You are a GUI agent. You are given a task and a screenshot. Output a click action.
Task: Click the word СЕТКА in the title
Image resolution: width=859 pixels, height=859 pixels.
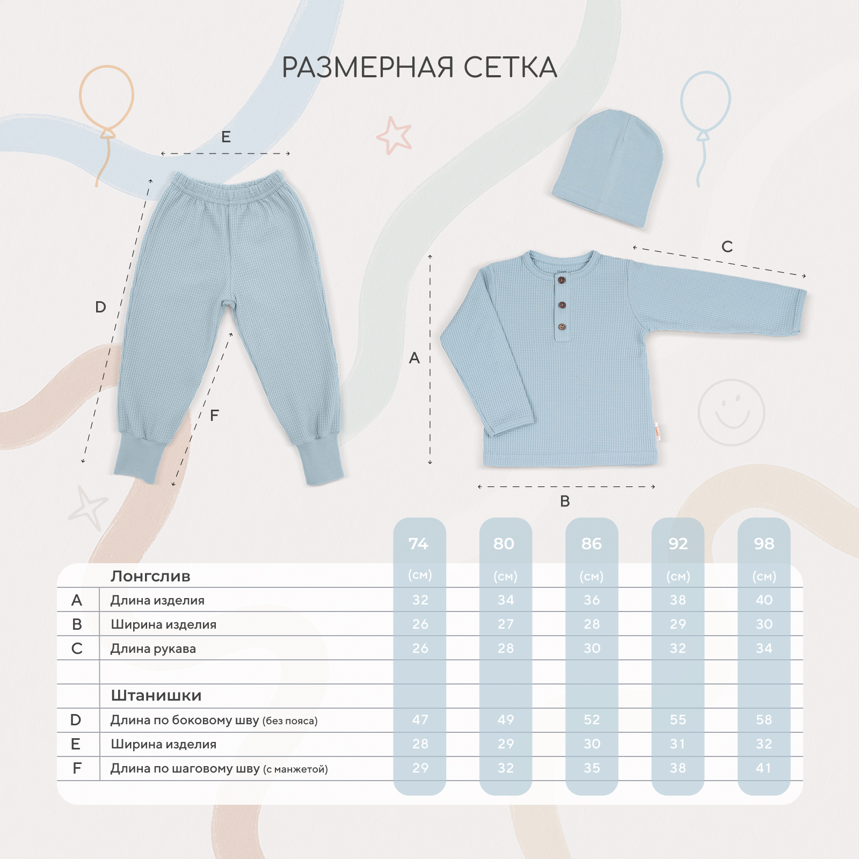(510, 67)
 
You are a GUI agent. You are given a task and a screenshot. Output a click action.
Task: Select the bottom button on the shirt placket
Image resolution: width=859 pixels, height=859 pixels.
(562, 326)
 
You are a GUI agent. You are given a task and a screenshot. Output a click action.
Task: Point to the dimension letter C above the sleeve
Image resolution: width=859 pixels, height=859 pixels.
(727, 246)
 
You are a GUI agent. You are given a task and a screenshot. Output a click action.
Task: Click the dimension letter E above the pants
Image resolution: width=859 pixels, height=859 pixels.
(226, 137)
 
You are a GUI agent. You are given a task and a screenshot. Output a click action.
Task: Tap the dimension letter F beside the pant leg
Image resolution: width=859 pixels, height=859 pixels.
(214, 415)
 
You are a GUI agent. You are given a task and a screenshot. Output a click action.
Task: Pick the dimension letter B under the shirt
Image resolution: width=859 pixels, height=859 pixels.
(565, 501)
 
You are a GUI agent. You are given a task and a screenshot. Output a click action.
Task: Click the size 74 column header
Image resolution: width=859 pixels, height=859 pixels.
(419, 544)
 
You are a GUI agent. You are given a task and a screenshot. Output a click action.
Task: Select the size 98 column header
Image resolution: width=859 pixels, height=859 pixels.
(764, 544)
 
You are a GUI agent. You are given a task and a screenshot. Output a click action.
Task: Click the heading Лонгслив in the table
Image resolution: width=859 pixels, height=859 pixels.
(150, 576)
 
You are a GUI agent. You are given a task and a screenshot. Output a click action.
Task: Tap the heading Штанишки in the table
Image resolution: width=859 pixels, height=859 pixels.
(156, 695)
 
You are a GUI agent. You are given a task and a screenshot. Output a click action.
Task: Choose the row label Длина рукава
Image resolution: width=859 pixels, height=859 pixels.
(153, 649)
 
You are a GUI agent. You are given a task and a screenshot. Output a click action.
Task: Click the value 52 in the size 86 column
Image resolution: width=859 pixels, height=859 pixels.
(592, 719)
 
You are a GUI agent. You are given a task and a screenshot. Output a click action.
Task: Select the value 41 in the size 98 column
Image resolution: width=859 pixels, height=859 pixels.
(764, 768)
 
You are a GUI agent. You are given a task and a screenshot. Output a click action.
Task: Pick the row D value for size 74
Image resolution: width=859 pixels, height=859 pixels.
(420, 719)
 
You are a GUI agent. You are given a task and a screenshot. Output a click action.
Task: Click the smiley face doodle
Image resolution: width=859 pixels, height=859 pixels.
(731, 412)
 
